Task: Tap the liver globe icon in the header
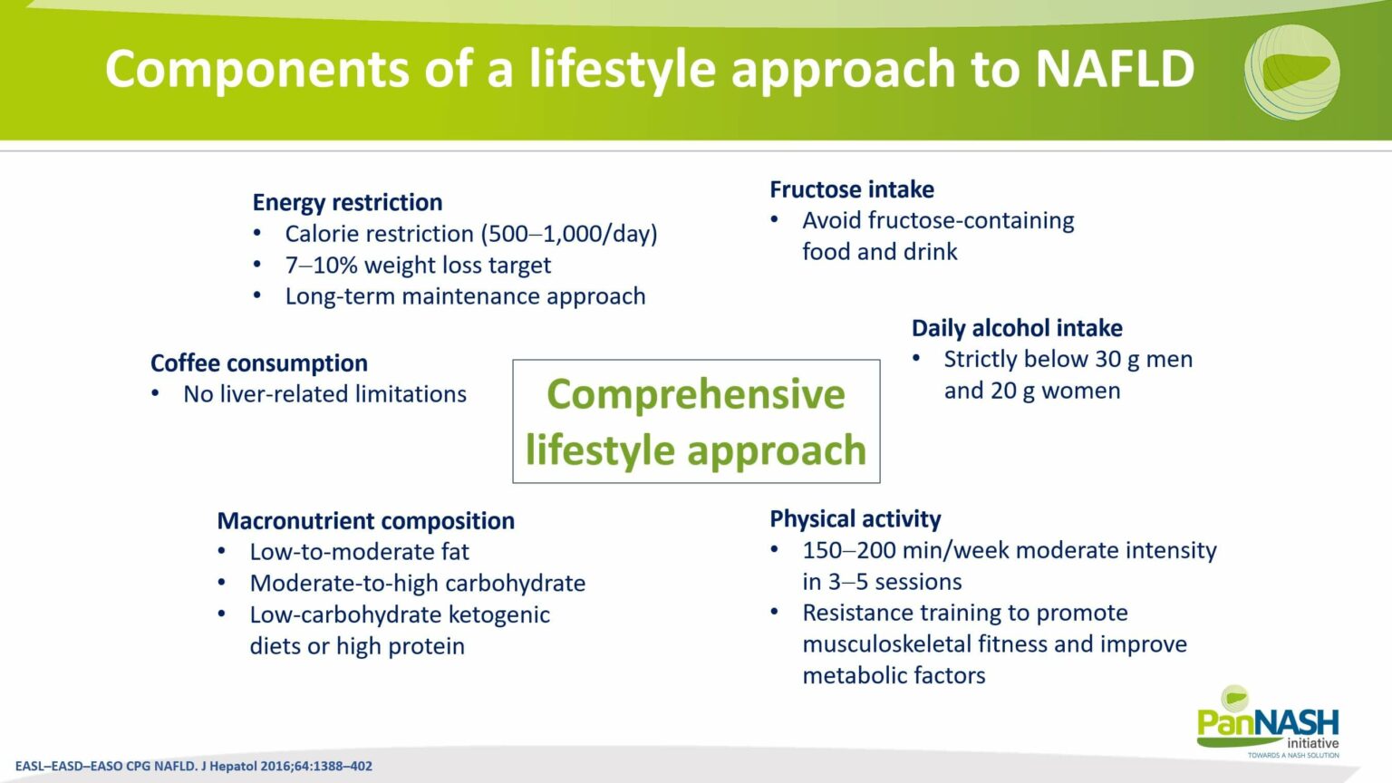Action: (x=1291, y=72)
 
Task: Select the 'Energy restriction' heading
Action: (x=347, y=202)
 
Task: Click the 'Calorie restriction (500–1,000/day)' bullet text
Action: (x=470, y=234)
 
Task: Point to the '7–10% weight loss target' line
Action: (x=417, y=266)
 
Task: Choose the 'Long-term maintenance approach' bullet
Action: (x=465, y=296)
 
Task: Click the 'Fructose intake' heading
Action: (x=851, y=189)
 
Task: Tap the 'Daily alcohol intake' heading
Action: (x=1016, y=328)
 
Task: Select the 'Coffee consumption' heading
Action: (x=258, y=363)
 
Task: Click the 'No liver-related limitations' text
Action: (x=324, y=394)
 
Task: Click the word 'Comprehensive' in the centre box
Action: (x=695, y=394)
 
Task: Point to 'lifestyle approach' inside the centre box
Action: (x=695, y=450)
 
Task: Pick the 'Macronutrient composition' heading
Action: (x=365, y=521)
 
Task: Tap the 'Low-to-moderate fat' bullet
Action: (x=359, y=552)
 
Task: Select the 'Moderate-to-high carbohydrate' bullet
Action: (x=417, y=584)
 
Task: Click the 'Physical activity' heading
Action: (x=855, y=519)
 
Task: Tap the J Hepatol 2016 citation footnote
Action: (x=194, y=766)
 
